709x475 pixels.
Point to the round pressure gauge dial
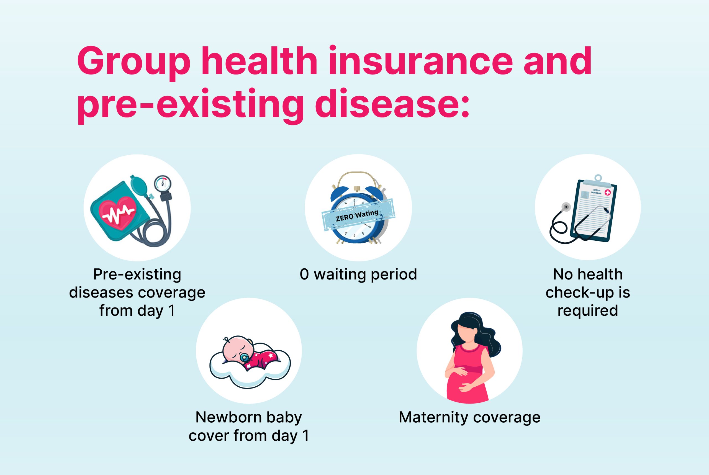163,184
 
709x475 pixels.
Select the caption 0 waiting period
358,274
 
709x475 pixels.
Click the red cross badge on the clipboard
608,192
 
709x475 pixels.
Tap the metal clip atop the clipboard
598,181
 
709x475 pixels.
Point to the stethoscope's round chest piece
566,207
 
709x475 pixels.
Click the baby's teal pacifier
244,358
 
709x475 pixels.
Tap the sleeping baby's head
237,349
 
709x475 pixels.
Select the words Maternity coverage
469,417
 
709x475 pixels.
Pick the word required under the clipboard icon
587,310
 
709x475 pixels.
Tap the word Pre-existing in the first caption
137,274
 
